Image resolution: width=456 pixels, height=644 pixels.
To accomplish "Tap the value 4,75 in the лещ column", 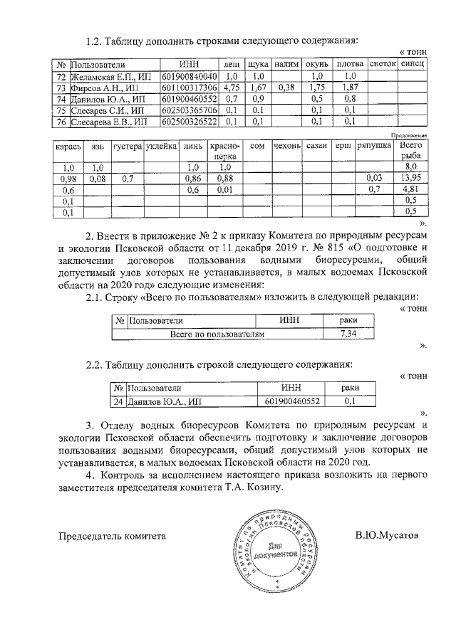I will pyautogui.click(x=230, y=88).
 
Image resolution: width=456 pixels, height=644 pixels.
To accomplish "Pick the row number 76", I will pyautogui.click(x=61, y=122).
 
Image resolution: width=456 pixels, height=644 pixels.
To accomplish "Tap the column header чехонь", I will pyautogui.click(x=287, y=146).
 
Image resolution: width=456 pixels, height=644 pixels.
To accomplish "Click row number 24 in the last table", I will pyautogui.click(x=119, y=401).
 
